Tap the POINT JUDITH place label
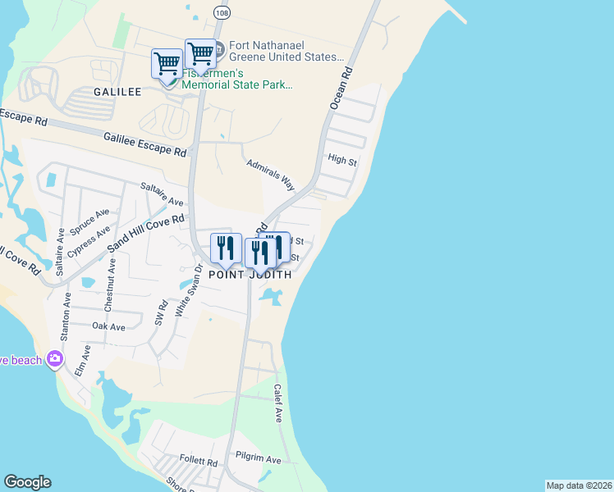250,276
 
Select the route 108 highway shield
222,11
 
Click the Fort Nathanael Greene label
280,57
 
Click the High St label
341,161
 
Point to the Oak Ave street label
108,326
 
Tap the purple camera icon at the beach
55,358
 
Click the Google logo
27,482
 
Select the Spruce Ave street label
89,223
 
